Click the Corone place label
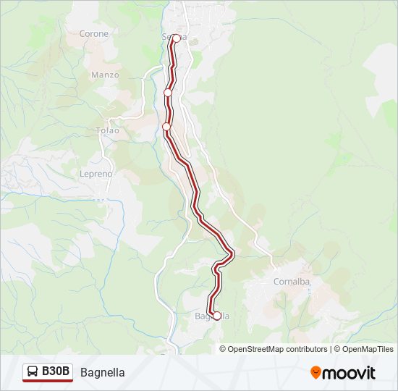(x=94, y=34)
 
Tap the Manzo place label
(x=105, y=75)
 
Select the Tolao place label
(x=107, y=130)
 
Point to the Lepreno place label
(x=96, y=174)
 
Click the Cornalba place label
(x=292, y=282)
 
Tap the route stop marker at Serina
(x=176, y=38)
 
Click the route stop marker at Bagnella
(x=216, y=316)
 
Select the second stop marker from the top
(x=168, y=93)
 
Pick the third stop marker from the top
(x=166, y=127)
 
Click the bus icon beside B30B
(x=33, y=371)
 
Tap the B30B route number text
(x=56, y=371)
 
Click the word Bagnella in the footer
(x=103, y=372)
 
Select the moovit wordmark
(x=349, y=373)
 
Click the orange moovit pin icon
(x=316, y=373)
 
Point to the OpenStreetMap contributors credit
(x=278, y=349)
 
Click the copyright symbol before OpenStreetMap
(x=224, y=349)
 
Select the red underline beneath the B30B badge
(x=48, y=381)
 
